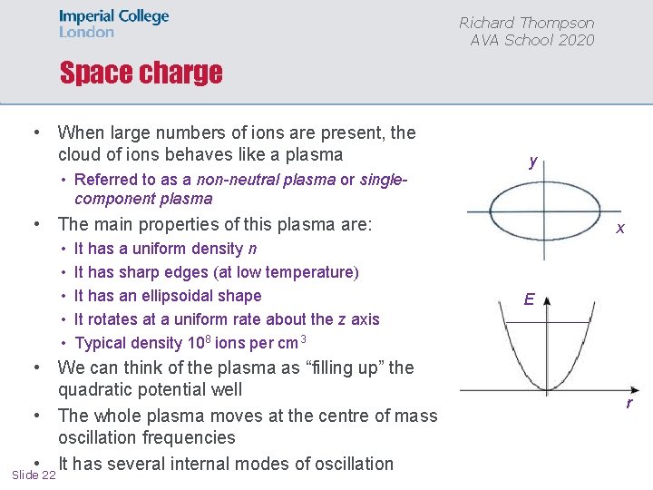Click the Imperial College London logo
[113, 24]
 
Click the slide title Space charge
[141, 73]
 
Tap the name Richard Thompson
[526, 23]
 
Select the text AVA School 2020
[531, 40]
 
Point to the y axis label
[533, 162]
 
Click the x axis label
[620, 229]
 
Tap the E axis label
[529, 299]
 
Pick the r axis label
[628, 403]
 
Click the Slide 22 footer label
[34, 475]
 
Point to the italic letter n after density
[252, 249]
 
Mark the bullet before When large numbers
[34, 132]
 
